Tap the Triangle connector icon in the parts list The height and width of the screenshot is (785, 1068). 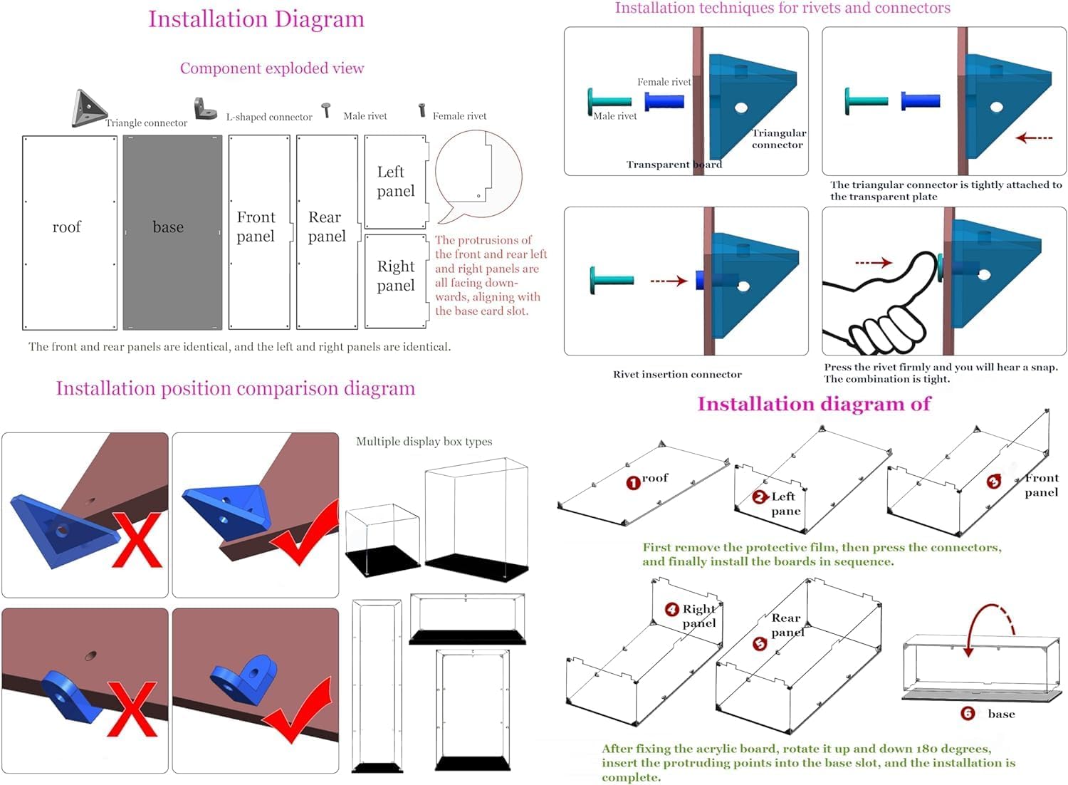[89, 108]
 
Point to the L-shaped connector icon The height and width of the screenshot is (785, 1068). [205, 109]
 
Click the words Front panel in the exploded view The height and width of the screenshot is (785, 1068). [256, 227]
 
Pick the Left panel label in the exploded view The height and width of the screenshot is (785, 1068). [396, 181]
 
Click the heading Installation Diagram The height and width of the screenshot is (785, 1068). [256, 19]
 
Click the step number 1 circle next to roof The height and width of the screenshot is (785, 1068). [633, 483]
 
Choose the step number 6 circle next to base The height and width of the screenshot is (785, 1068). [968, 713]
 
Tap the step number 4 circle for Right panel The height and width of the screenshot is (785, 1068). [671, 609]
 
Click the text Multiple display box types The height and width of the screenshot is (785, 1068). [424, 442]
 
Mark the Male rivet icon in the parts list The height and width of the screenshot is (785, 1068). [327, 110]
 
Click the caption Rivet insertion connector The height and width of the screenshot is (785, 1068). [677, 374]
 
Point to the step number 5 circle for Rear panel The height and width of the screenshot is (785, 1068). [760, 644]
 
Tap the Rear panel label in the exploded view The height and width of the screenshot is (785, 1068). [327, 227]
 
